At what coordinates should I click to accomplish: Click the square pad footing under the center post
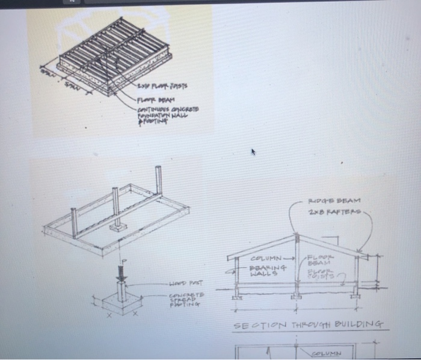(117, 229)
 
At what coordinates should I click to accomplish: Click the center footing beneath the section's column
(295, 296)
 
